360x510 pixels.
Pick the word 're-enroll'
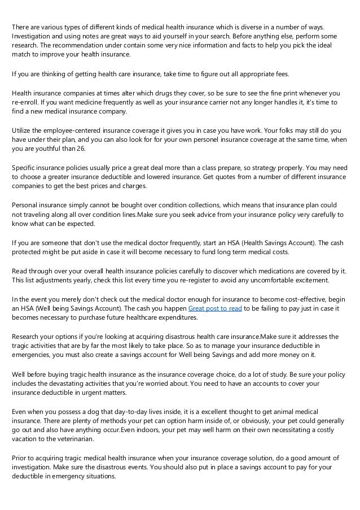25,103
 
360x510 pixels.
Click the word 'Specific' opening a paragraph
25,168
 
